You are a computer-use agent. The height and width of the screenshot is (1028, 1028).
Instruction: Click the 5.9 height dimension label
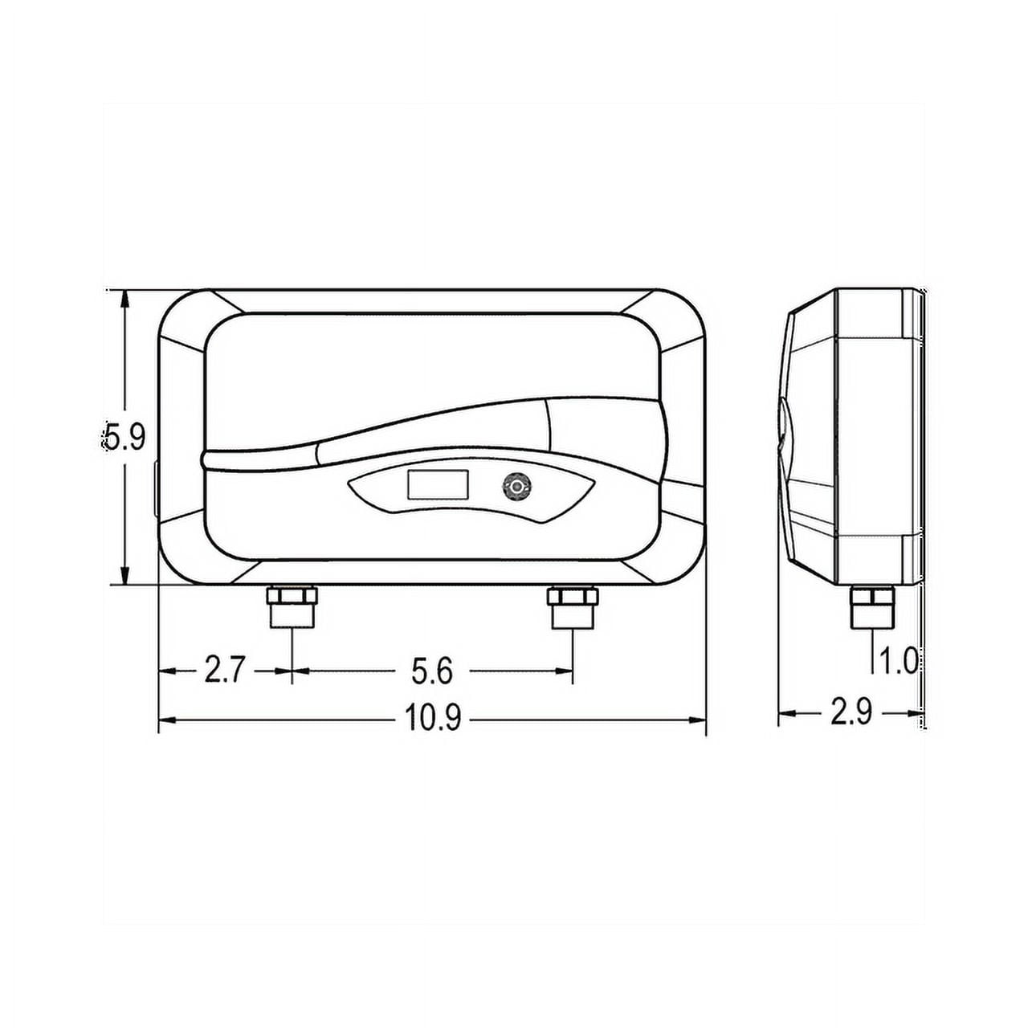124,437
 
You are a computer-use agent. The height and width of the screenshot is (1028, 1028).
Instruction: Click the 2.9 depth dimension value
851,712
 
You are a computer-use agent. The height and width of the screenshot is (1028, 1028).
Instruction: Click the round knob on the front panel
516,486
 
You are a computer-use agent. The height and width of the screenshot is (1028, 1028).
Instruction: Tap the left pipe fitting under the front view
292,608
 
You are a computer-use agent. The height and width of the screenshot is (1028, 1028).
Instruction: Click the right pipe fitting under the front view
573,608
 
